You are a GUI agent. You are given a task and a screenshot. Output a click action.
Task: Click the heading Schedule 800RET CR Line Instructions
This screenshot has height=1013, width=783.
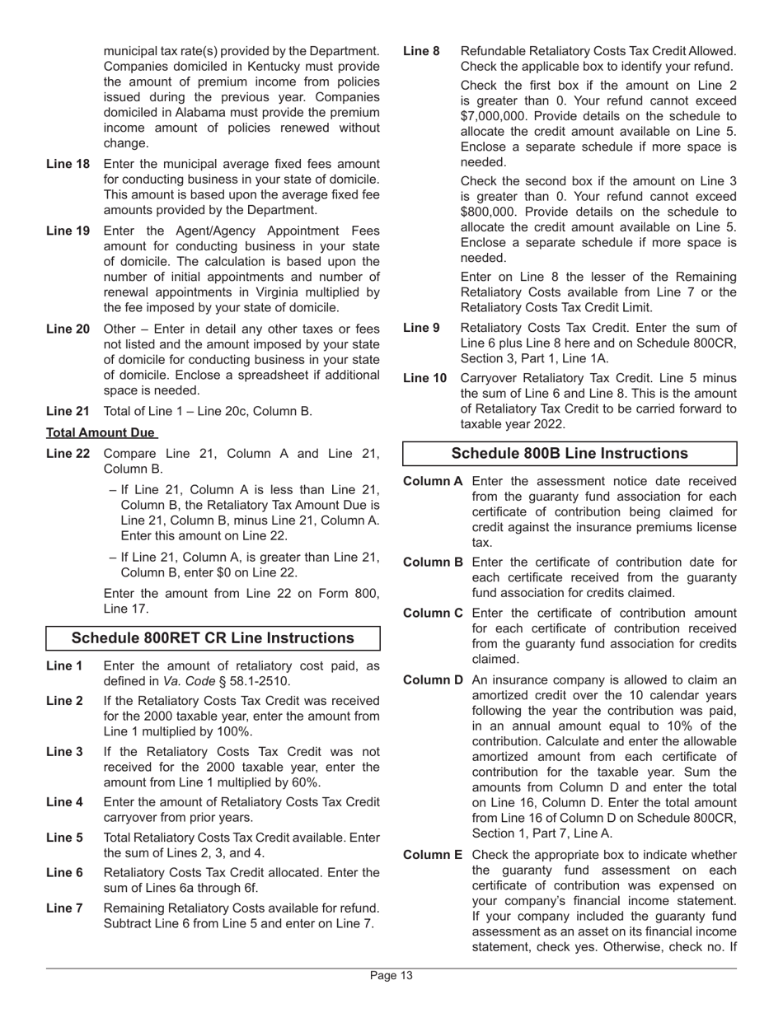tap(213, 638)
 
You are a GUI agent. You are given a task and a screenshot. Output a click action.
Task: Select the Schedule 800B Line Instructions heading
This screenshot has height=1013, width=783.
tap(570, 454)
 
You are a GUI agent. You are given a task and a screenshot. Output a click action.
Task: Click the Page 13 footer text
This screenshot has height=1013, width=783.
tap(391, 976)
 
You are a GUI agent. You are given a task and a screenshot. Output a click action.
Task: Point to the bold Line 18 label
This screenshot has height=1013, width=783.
tap(68, 164)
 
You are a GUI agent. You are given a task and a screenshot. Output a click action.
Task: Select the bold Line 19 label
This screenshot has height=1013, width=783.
tap(68, 231)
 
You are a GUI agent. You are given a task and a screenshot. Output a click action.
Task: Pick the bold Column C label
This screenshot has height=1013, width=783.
tap(433, 613)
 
